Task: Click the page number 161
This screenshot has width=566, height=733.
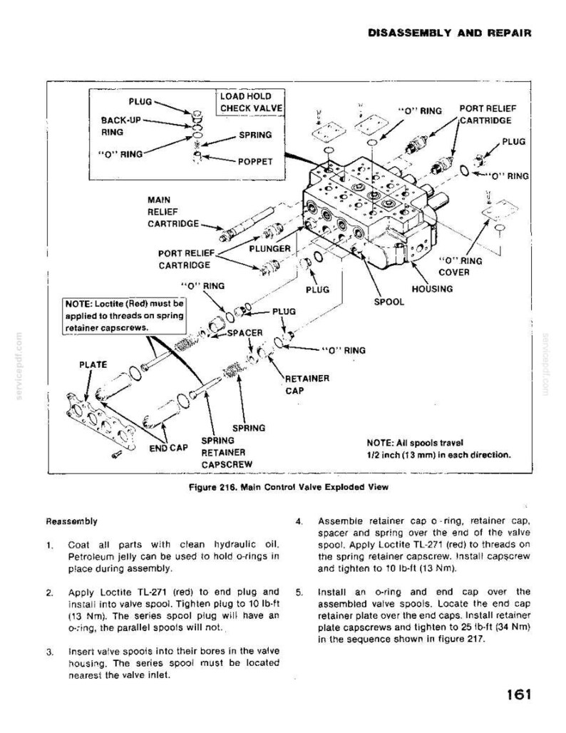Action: pyautogui.click(x=518, y=694)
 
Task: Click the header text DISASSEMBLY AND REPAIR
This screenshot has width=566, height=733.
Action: pyautogui.click(x=450, y=33)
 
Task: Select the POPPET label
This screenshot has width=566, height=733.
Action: pyautogui.click(x=255, y=162)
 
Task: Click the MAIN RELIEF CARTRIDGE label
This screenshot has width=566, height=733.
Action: pyautogui.click(x=173, y=212)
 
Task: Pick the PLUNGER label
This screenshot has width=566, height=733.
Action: pyautogui.click(x=270, y=248)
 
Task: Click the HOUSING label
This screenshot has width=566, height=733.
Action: pyautogui.click(x=432, y=289)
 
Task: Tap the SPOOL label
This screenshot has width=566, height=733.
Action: pyautogui.click(x=389, y=302)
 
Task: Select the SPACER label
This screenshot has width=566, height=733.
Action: pyautogui.click(x=245, y=333)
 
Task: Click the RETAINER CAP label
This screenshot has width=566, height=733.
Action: pyautogui.click(x=307, y=384)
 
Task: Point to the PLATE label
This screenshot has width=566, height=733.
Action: pyautogui.click(x=93, y=364)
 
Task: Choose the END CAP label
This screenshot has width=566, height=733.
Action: pyautogui.click(x=168, y=448)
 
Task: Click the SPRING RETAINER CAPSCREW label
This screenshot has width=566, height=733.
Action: pyautogui.click(x=227, y=453)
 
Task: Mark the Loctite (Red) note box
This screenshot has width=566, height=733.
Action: pyautogui.click(x=125, y=316)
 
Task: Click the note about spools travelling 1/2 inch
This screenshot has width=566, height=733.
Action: pyautogui.click(x=439, y=448)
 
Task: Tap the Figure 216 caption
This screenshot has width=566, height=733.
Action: pyautogui.click(x=289, y=487)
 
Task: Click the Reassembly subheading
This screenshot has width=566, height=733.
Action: pyautogui.click(x=71, y=521)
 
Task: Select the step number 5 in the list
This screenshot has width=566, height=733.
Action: pyautogui.click(x=299, y=592)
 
